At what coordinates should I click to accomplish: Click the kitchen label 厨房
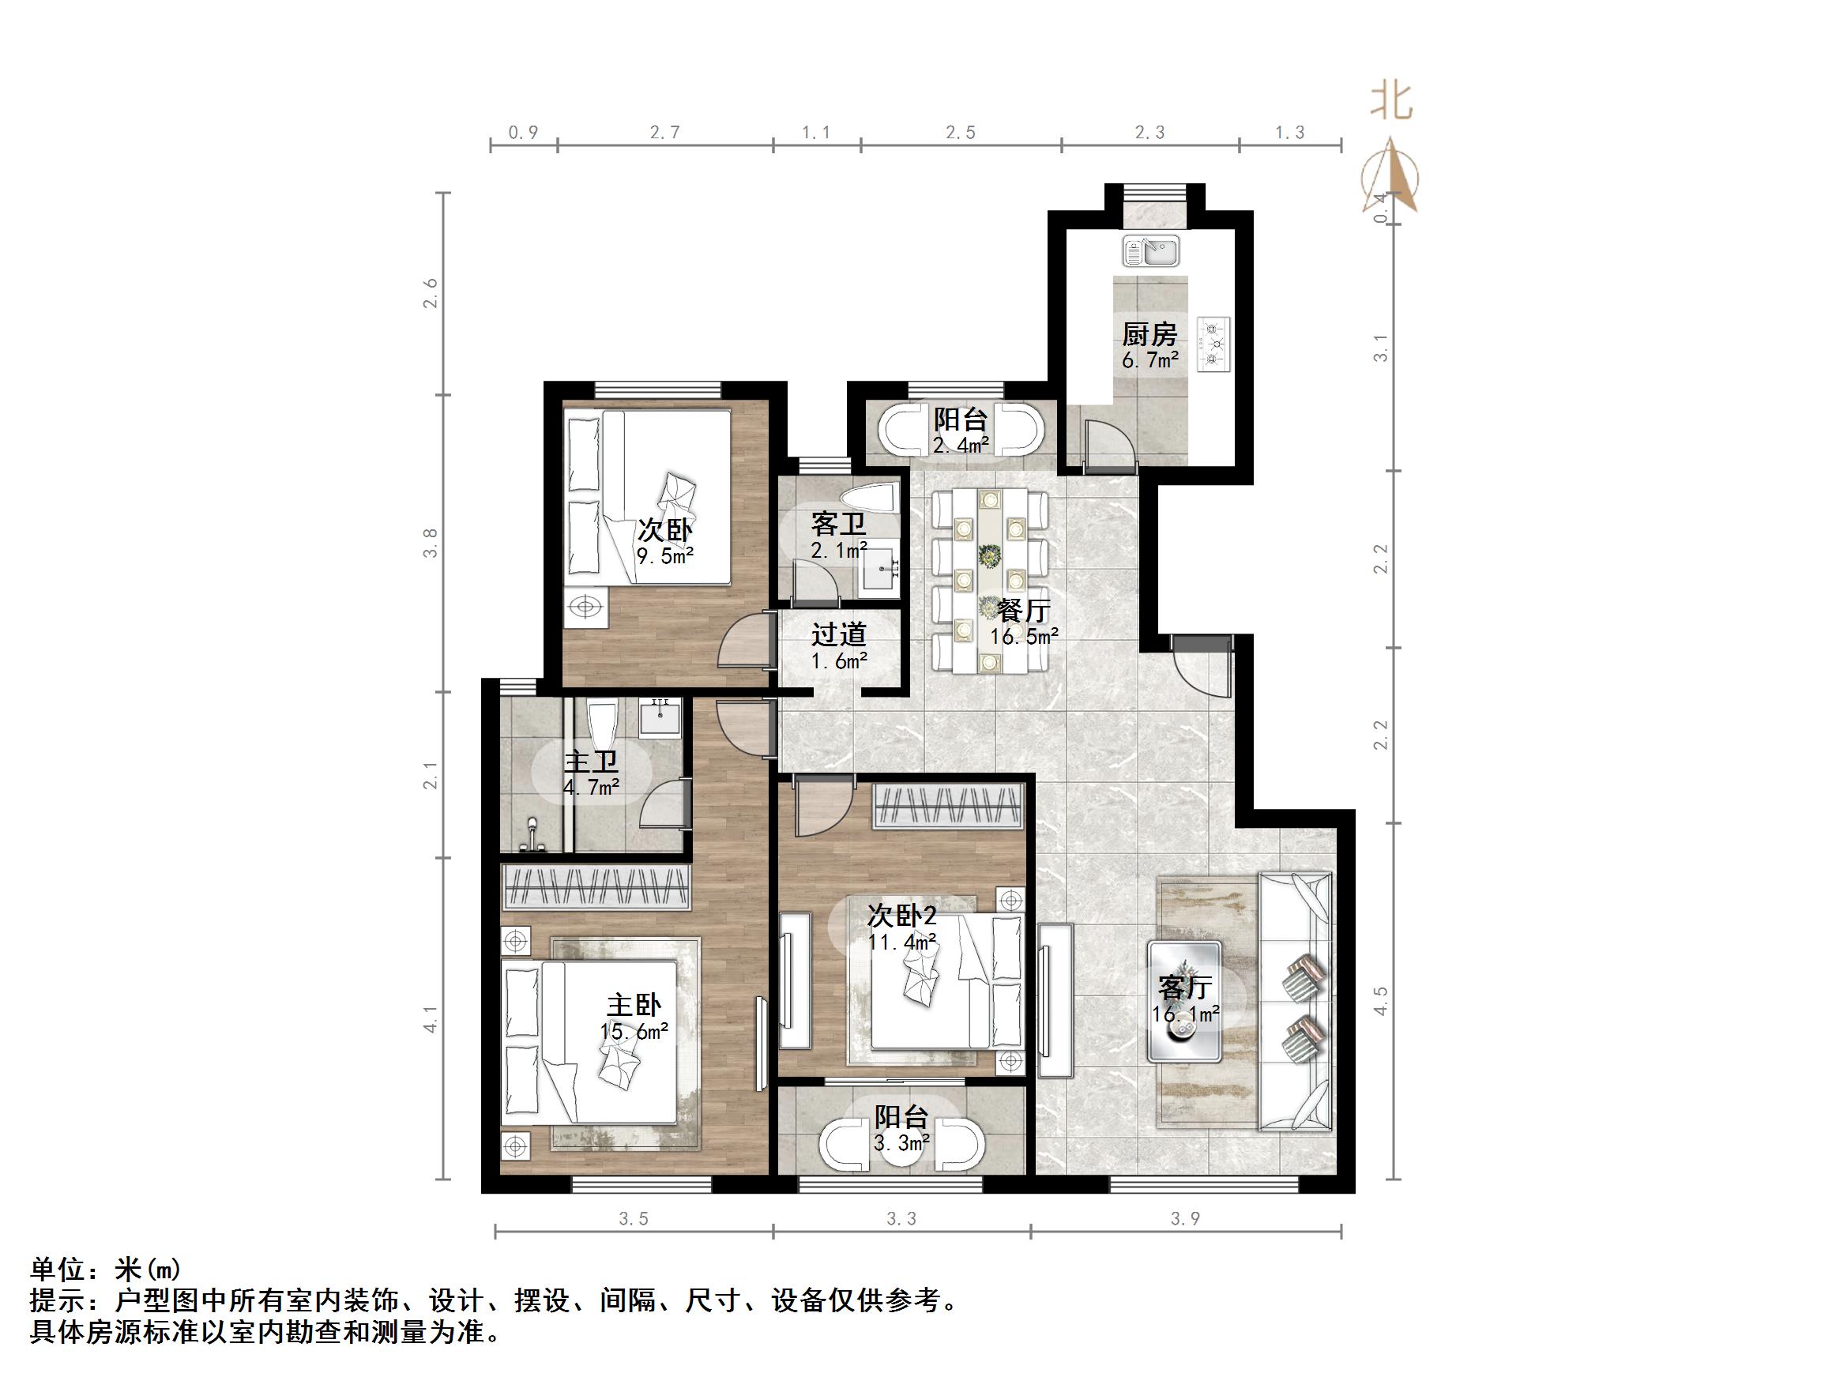click(1149, 335)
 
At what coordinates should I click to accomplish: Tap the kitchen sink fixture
click(1150, 250)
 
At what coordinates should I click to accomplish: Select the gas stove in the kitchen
click(1214, 344)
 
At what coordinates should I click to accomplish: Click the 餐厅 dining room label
click(1023, 611)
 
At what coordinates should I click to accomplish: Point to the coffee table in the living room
click(1183, 1001)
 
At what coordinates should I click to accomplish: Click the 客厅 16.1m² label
click(1185, 999)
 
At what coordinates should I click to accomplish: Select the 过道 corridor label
click(839, 635)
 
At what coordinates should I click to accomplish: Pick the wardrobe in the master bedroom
click(596, 886)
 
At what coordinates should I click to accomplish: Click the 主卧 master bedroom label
click(634, 1006)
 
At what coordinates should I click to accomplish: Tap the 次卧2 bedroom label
click(902, 916)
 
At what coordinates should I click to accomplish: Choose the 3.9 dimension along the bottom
click(1185, 1218)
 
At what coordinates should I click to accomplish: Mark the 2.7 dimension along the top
click(665, 133)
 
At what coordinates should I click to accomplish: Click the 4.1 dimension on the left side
click(430, 1019)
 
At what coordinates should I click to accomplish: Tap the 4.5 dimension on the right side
click(1380, 1001)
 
